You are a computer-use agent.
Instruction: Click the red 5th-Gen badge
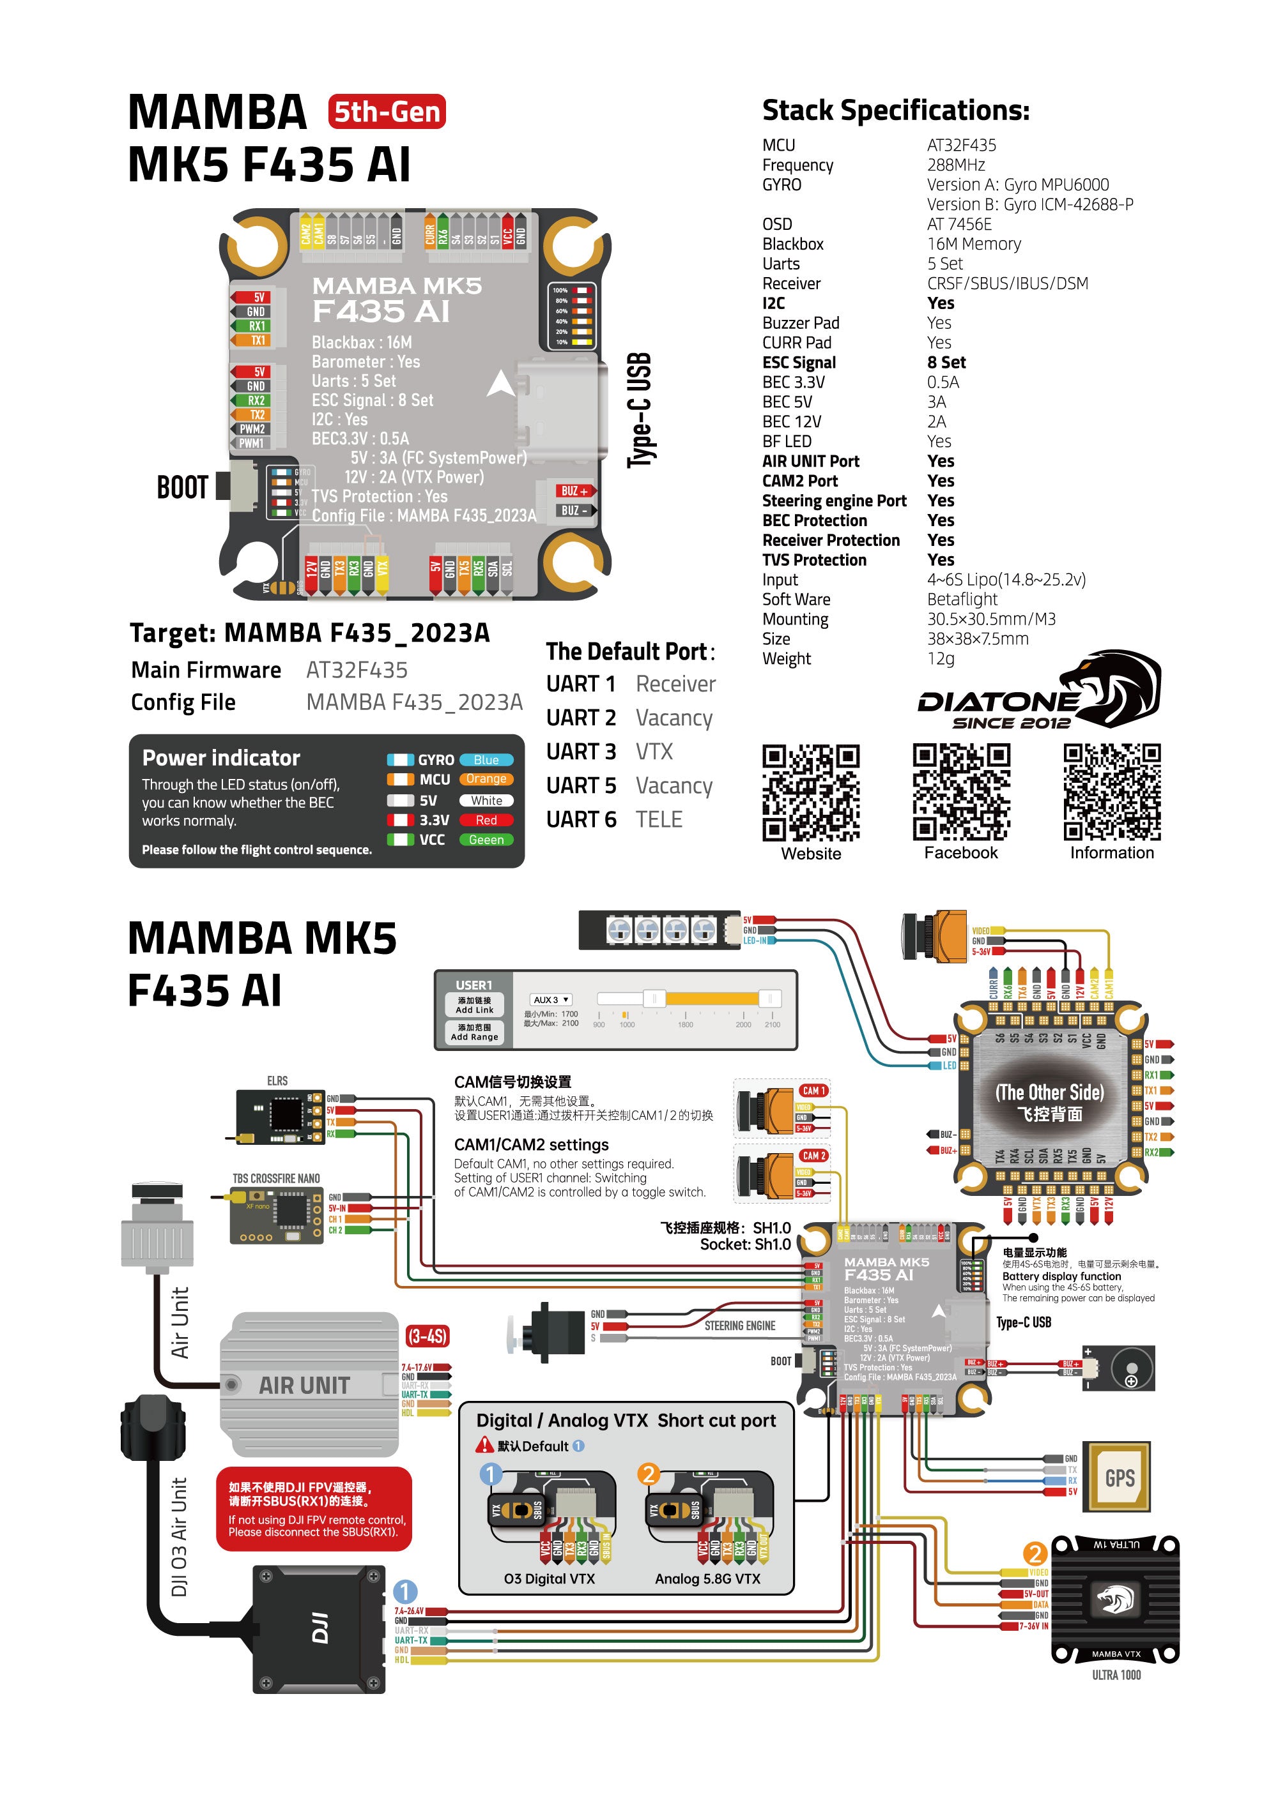[387, 112]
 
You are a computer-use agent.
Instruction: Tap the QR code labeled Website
[810, 792]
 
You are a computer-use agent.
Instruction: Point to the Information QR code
[1112, 792]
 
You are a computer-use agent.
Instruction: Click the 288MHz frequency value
[956, 165]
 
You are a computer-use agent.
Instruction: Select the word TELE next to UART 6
[659, 819]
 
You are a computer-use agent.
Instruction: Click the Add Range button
[474, 1032]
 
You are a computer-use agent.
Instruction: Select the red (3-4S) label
[427, 1336]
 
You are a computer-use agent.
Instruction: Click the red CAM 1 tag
[813, 1090]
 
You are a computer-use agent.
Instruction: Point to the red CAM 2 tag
[813, 1155]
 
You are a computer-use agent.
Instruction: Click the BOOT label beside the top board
[183, 487]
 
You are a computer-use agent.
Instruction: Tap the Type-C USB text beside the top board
[640, 410]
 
